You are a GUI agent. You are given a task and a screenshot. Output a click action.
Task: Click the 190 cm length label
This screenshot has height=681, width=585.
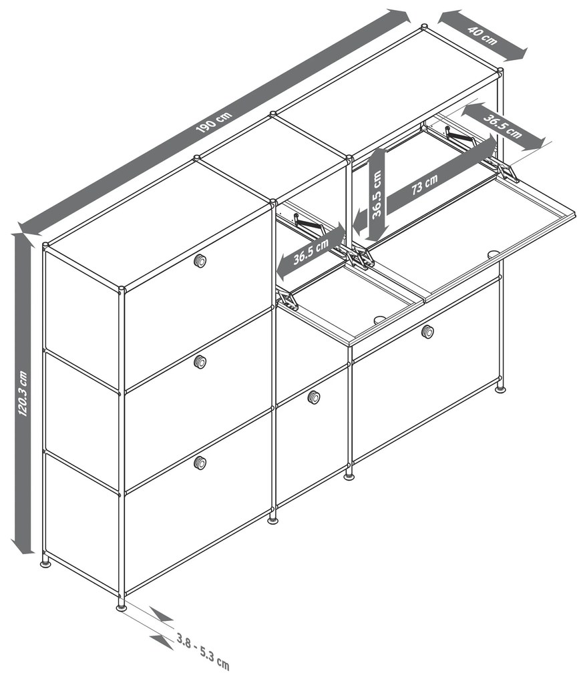214,122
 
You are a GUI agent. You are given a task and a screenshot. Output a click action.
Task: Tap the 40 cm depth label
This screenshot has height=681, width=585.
482,35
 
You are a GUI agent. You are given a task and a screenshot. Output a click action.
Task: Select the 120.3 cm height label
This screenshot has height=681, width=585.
23,393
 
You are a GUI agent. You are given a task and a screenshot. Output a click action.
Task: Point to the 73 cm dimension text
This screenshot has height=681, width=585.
424,184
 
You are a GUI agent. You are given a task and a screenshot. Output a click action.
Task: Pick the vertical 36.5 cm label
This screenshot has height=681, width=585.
377,193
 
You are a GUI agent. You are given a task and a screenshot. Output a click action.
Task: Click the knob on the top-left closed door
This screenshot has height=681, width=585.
200,260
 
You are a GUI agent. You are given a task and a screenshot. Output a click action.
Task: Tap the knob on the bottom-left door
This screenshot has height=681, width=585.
200,463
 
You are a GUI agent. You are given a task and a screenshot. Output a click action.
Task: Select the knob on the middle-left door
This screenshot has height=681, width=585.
200,362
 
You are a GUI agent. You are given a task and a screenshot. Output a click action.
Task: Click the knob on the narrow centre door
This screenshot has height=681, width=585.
314,397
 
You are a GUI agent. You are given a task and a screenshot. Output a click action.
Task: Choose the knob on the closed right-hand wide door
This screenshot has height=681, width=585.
427,332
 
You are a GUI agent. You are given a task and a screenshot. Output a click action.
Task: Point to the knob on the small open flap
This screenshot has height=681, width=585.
380,320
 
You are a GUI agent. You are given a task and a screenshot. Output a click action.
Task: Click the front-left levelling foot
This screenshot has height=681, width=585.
122,606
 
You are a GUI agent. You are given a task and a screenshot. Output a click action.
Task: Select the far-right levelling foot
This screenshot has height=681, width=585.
500,390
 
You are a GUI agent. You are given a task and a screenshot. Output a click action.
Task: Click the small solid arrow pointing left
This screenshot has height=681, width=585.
359,223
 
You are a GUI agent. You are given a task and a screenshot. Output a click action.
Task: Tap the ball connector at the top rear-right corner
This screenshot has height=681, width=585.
500,70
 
